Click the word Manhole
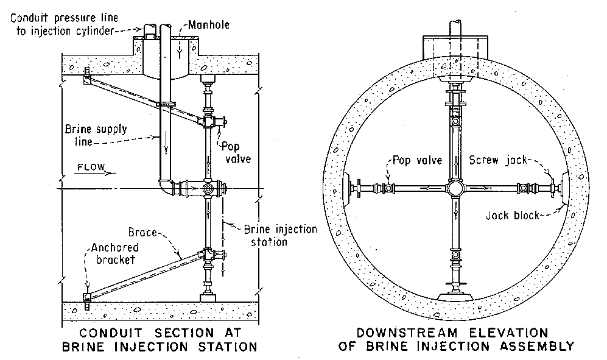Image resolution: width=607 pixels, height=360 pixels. coord(209,25)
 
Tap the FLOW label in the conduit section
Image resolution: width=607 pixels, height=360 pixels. coord(91,167)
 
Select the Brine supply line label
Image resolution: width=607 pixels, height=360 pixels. coord(96,135)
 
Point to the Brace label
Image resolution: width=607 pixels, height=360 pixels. coord(142,232)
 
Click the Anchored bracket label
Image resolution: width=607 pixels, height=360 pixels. coord(114,253)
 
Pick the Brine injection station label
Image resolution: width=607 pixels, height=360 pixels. coord(280,236)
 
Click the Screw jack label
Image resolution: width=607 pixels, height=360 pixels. coord(498,160)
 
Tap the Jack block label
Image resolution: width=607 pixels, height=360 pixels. coord(513,215)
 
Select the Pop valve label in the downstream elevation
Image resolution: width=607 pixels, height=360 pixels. coord(417,160)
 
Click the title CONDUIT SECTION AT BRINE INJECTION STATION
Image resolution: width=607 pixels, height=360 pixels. coord(160,339)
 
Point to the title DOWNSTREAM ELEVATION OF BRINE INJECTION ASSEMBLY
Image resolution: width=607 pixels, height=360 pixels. coord(456,339)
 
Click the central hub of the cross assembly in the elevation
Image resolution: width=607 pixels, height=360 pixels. coord(455,189)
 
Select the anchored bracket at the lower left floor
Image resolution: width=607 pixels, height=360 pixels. coord(87,299)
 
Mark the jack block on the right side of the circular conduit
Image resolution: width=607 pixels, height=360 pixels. coord(564,189)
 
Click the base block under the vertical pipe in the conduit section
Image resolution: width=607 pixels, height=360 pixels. coord(208,298)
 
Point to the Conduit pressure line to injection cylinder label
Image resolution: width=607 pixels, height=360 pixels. coord(65,24)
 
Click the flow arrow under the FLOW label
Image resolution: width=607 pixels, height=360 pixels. coord(95,173)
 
